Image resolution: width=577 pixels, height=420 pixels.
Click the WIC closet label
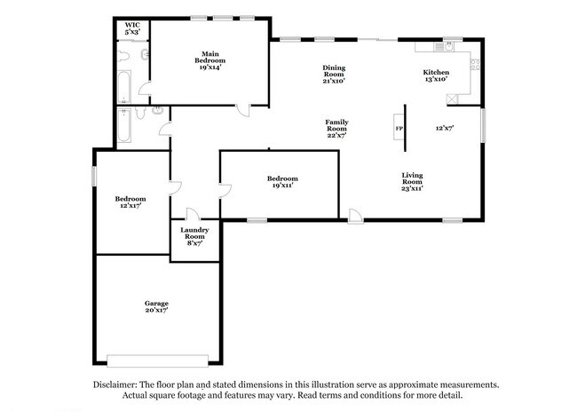[132, 28]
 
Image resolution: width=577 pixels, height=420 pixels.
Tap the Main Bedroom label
[210, 59]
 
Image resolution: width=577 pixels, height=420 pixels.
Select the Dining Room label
[334, 74]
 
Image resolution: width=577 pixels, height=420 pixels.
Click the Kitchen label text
[436, 75]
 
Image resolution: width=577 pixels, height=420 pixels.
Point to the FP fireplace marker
[399, 128]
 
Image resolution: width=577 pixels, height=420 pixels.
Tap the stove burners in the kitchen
[476, 63]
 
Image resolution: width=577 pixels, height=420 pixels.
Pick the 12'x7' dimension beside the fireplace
[445, 128]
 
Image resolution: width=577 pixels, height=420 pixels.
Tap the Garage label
[156, 306]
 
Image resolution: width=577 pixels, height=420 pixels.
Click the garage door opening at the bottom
[156, 360]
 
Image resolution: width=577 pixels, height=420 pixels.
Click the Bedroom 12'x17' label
[130, 202]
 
